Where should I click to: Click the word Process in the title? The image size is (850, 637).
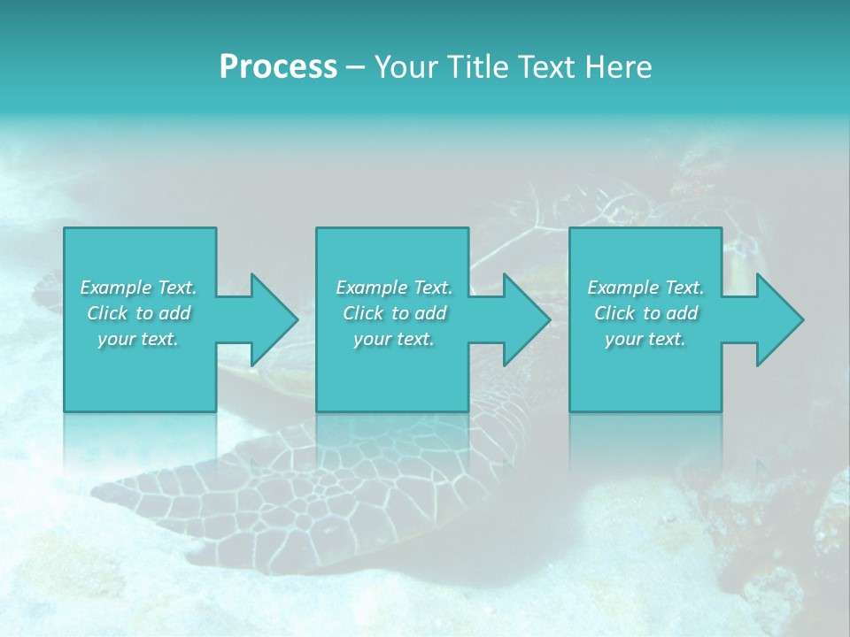[278, 67]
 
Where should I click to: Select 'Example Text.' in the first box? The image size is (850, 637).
[138, 288]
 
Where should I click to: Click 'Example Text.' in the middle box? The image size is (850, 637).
[394, 288]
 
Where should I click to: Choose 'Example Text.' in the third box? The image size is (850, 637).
[645, 288]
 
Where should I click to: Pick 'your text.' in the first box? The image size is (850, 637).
[138, 339]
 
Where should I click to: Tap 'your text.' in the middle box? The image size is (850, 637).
[394, 339]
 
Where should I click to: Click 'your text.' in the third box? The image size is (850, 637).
[645, 339]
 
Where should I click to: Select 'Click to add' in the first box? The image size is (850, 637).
[138, 313]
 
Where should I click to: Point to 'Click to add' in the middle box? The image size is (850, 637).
[394, 313]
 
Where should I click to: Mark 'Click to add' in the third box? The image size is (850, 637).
[645, 313]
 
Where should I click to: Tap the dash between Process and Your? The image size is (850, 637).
[355, 67]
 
